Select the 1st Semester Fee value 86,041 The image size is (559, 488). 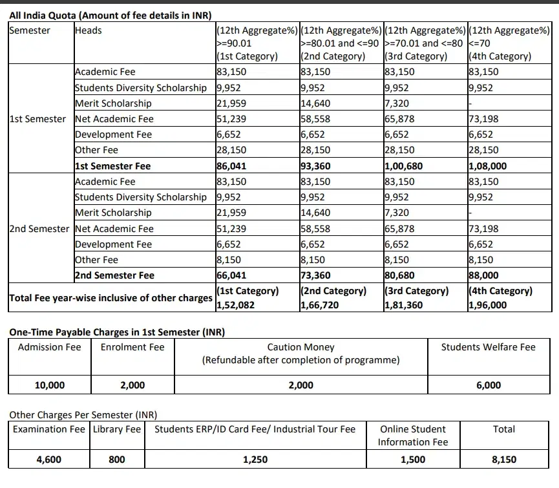(232, 166)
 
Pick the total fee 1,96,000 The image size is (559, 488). (488, 305)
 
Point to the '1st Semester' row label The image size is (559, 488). (37, 119)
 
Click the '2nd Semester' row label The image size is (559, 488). (39, 229)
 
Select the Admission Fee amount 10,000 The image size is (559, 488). (49, 385)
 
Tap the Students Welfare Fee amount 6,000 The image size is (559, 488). (488, 385)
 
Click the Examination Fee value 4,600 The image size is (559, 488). (49, 460)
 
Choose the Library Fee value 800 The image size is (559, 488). (117, 460)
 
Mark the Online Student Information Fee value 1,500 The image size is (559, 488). (413, 460)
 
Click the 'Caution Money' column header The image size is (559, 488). (301, 347)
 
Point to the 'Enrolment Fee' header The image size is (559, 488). (132, 347)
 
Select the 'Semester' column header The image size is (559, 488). (30, 30)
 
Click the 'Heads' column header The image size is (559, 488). (89, 30)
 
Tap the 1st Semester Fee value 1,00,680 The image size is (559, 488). (403, 166)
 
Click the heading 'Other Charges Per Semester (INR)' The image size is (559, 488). (83, 415)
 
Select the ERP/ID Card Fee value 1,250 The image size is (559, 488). (255, 460)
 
